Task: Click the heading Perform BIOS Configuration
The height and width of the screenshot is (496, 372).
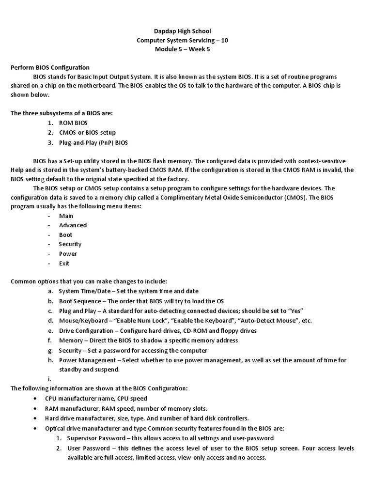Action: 50,67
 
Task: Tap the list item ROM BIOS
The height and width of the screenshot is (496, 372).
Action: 73,123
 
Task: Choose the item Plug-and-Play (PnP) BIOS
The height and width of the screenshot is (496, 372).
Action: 93,142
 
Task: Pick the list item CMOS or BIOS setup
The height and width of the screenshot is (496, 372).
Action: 87,133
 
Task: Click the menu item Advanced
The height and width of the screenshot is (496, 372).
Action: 73,225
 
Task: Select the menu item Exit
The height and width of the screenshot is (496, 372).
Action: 64,263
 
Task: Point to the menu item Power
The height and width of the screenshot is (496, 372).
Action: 68,254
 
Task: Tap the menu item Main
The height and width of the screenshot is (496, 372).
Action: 66,216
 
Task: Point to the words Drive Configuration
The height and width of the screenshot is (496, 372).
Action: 86,330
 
